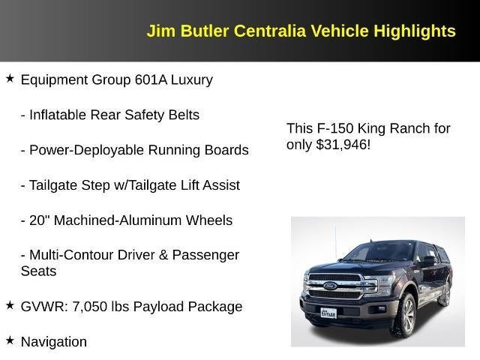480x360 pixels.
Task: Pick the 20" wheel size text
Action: click(x=39, y=220)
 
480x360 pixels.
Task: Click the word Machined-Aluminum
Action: click(x=109, y=220)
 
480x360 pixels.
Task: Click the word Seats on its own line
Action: click(x=38, y=271)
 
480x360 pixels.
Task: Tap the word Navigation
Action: click(x=54, y=342)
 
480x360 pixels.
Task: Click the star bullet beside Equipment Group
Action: click(x=10, y=78)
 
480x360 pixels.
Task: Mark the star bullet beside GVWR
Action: click(x=10, y=304)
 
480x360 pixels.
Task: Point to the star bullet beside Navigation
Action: click(x=10, y=340)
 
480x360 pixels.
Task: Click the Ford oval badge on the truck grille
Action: click(x=331, y=286)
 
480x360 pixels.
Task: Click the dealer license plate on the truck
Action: click(x=329, y=313)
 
